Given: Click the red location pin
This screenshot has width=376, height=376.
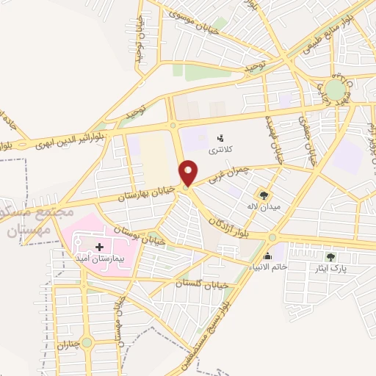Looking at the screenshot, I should point(189,173).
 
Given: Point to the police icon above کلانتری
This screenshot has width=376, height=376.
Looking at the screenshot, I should point(220,137).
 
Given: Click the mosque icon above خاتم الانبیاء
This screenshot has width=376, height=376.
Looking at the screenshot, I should point(267,257).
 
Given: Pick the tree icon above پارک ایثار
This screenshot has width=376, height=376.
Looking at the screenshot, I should point(330,257).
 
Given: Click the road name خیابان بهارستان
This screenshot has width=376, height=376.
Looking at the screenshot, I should point(151,193).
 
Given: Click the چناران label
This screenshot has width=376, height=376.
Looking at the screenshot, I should point(67,345).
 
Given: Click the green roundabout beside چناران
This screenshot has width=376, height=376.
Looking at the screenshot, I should point(87,342).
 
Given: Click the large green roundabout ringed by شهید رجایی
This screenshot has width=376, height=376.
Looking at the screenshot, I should point(336,90).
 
